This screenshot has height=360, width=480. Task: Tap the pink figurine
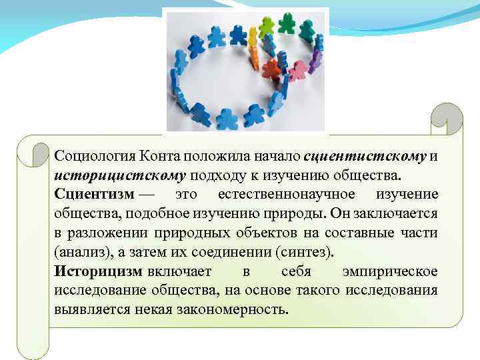[299, 69]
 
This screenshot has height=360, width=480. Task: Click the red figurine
[271, 68]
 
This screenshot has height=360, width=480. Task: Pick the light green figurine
[267, 27]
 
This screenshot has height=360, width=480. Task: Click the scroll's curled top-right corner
[445, 120]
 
